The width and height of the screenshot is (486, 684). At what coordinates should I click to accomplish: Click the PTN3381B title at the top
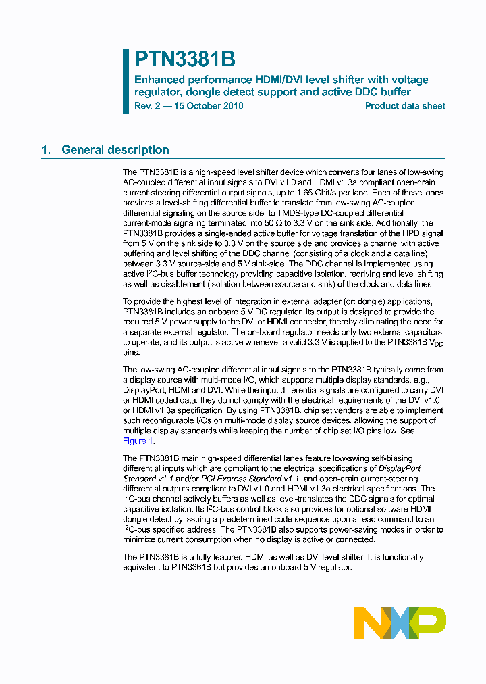[x=184, y=60]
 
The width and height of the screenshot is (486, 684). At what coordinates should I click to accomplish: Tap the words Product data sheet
[x=405, y=106]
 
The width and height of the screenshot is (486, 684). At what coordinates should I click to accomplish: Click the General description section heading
[x=115, y=150]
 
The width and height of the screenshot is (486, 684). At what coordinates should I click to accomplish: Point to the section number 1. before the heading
[x=46, y=150]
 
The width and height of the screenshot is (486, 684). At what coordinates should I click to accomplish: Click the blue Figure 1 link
[x=138, y=441]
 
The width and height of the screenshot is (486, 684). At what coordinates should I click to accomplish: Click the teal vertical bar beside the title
[x=126, y=81]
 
